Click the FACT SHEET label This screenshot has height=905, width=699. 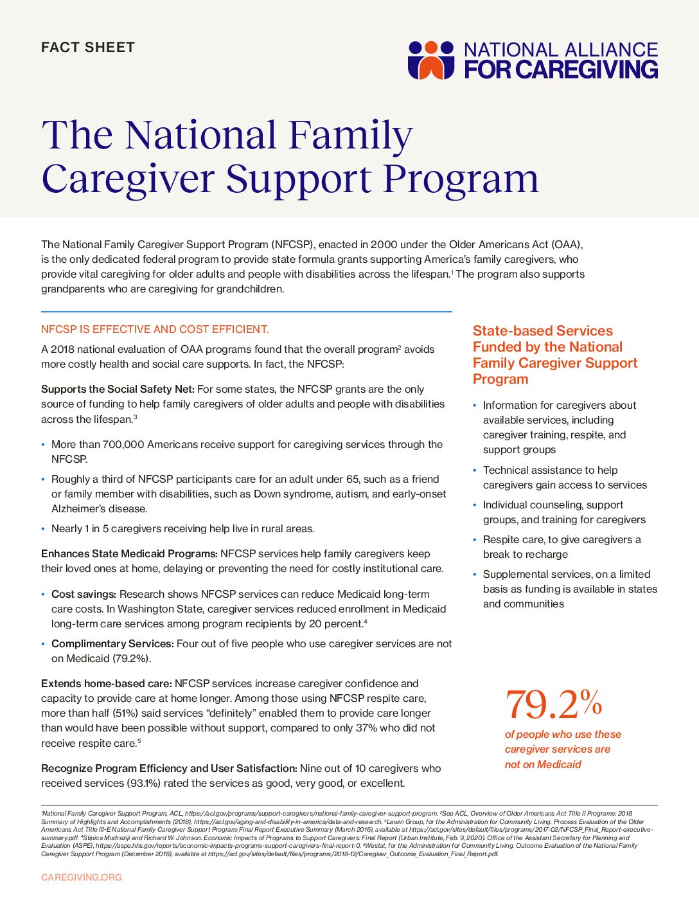[88, 48]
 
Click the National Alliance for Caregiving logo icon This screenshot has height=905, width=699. [431, 60]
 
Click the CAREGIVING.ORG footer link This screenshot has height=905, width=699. [82, 877]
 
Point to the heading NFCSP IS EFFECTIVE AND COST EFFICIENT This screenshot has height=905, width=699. [155, 330]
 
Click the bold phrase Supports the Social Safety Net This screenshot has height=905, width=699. [118, 390]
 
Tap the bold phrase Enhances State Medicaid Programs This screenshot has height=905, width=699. [129, 554]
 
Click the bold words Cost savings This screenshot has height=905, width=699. [84, 595]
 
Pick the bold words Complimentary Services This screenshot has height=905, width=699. [112, 644]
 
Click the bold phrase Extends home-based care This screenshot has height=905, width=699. [106, 684]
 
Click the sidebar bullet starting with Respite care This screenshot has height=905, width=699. [562, 547]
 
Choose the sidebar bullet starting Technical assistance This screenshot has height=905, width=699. [565, 478]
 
